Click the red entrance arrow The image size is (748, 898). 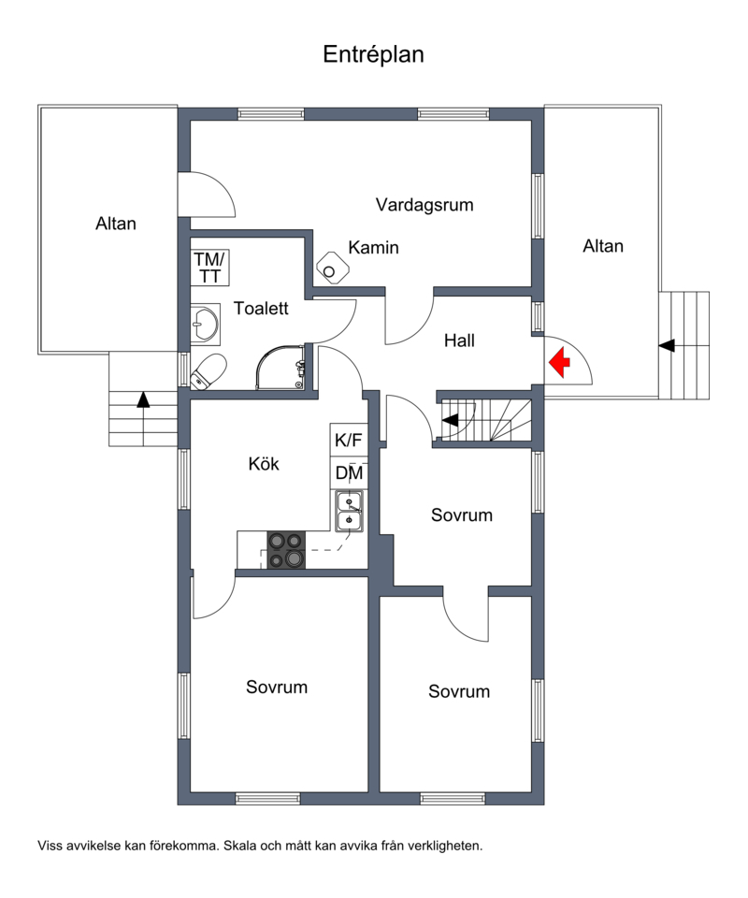pos(560,362)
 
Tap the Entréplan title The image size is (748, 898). pos(373,54)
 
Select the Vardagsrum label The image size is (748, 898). pos(424,205)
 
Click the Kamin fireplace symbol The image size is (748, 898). pos(332,268)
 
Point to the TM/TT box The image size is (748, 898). pos(210,268)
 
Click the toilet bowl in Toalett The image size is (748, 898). pos(208,371)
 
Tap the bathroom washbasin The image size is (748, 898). pos(205,325)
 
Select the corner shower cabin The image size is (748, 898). pos(280,367)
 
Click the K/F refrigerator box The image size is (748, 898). pos(349,440)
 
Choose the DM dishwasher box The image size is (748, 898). pos(349,473)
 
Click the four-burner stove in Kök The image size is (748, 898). pos(286,550)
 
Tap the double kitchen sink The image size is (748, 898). pos(349,512)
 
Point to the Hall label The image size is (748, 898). pos(459,340)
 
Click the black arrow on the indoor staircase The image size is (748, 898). pos(451,420)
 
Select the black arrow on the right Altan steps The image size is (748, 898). pos(666,346)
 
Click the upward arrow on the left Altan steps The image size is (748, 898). pos(143,399)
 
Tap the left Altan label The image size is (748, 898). pos(116,224)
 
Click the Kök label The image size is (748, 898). pos(264,463)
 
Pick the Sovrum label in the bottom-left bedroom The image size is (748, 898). pos(277,687)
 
